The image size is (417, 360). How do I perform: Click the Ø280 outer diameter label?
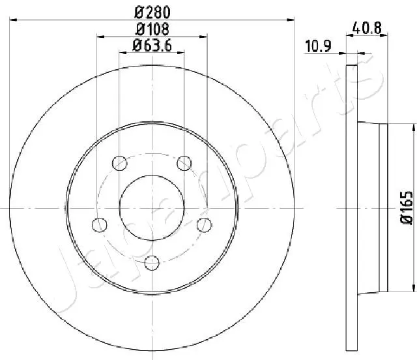(152, 11)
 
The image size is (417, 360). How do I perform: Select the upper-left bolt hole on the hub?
(119, 162)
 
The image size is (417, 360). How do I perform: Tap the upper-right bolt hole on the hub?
(184, 162)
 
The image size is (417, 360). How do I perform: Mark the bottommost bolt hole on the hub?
(152, 262)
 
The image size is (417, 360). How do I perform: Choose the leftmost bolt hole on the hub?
(100, 224)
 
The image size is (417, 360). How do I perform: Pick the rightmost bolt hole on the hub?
(205, 224)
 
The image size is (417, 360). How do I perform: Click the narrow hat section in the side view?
(383, 207)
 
